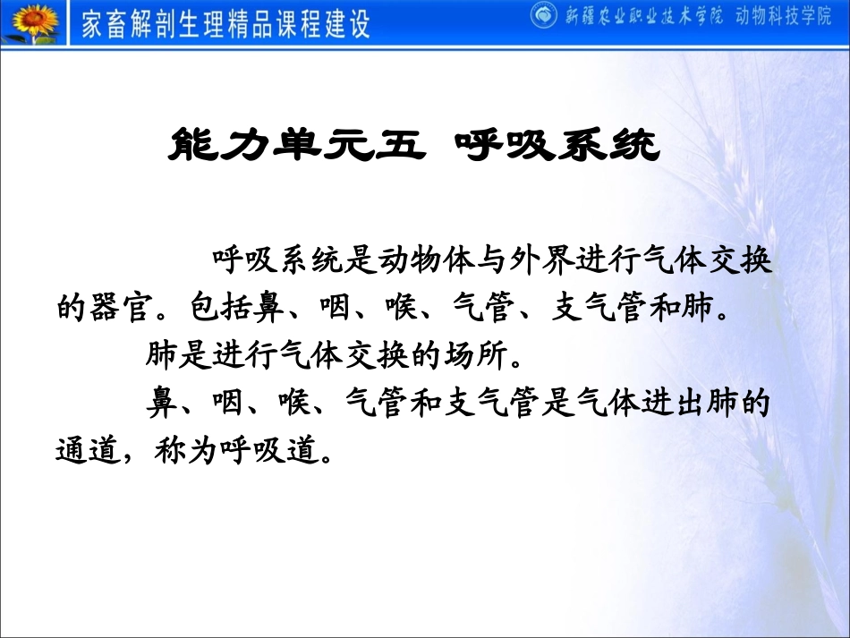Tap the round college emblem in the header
click(x=543, y=15)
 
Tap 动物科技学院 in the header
click(x=788, y=16)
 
